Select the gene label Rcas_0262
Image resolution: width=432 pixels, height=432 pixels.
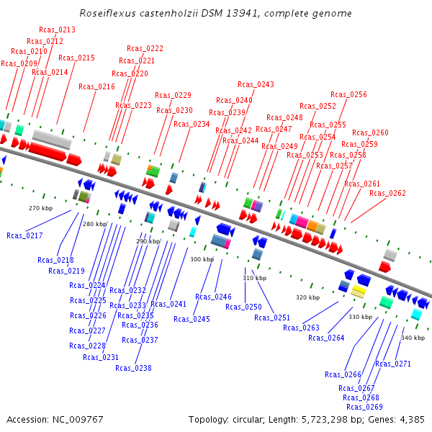[387, 193]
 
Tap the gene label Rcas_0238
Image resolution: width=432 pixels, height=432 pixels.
[133, 368]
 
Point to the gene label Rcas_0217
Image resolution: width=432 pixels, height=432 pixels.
[24, 235]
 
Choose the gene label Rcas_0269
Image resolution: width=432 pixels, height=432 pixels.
[364, 407]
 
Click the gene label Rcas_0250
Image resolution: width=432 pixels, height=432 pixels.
[243, 307]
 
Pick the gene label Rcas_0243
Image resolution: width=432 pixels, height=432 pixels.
[256, 84]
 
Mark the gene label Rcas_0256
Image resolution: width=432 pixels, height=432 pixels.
[348, 94]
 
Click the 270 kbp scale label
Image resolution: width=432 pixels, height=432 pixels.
[40, 208]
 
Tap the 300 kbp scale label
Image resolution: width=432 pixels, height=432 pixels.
[202, 259]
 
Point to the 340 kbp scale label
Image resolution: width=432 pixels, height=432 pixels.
[413, 338]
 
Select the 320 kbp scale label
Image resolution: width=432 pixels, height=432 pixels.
[307, 297]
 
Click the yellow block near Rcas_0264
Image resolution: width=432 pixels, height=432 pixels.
[358, 291]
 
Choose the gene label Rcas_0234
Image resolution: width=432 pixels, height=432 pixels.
[192, 124]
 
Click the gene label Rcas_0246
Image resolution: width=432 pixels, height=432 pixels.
[213, 297]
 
